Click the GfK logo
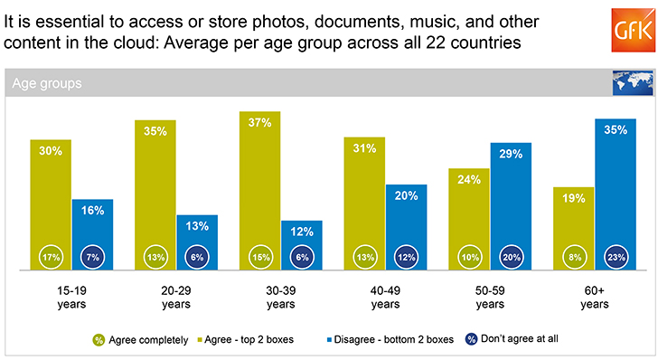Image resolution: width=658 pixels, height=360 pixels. [x=633, y=30]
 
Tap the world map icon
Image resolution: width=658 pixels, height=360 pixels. [x=633, y=82]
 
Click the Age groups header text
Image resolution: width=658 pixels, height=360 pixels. [x=47, y=83]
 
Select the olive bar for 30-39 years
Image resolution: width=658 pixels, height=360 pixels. [x=259, y=191]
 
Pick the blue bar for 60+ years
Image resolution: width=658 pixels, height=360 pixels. [x=616, y=194]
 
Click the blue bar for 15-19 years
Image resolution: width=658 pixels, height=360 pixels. [x=92, y=234]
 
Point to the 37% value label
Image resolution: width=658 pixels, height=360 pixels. [x=259, y=123]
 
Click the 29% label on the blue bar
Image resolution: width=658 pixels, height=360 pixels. [x=511, y=154]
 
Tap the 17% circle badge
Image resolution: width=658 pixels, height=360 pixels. [x=52, y=257]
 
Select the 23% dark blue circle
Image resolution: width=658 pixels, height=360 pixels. [x=616, y=257]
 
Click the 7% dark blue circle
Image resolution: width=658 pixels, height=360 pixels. [x=92, y=257]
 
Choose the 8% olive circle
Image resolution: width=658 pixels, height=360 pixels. [x=575, y=257]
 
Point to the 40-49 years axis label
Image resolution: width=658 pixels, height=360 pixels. [x=385, y=298]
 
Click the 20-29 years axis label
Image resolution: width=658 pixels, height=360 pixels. [x=176, y=298]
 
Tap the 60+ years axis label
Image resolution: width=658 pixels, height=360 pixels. [x=595, y=298]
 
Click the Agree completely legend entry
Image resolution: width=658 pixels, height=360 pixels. [x=141, y=340]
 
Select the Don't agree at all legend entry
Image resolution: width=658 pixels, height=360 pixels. [x=512, y=339]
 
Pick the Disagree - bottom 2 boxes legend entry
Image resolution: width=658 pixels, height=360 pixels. [x=390, y=339]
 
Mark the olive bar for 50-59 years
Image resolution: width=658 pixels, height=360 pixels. [x=469, y=219]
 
